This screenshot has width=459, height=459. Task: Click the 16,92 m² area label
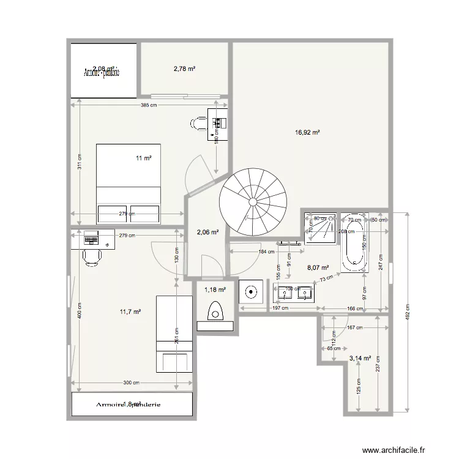[308, 132]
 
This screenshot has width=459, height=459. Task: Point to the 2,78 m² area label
[184, 69]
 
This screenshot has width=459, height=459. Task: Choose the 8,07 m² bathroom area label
[318, 267]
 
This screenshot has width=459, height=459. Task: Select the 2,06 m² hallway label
[207, 232]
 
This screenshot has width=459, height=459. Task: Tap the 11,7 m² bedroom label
[130, 312]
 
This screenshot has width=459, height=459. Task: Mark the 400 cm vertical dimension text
[79, 311]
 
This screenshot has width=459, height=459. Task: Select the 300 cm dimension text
[130, 383]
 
